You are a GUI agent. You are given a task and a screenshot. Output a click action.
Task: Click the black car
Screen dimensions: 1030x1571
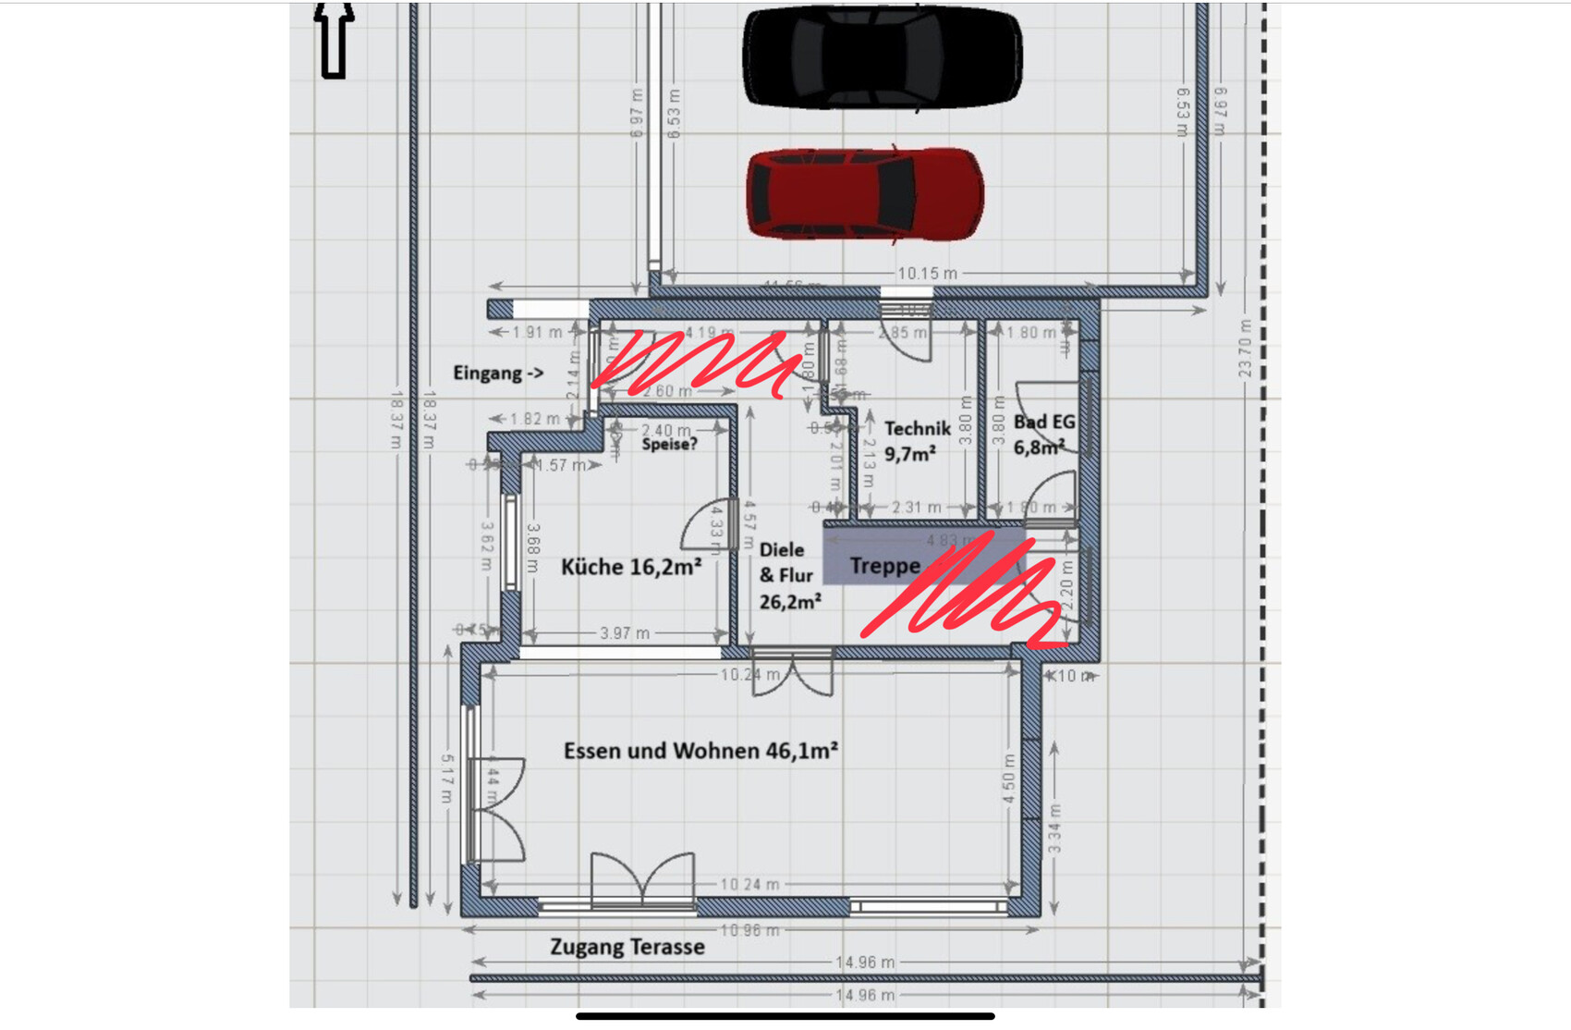click(x=882, y=57)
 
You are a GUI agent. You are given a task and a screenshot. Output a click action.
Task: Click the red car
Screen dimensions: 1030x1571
click(x=864, y=194)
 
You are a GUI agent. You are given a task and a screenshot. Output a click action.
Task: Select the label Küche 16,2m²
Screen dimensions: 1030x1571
click(x=630, y=567)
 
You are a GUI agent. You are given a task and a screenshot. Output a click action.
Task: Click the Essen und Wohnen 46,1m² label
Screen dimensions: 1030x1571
click(x=700, y=751)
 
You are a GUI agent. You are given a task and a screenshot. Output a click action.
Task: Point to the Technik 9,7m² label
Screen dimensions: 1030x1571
click(x=916, y=441)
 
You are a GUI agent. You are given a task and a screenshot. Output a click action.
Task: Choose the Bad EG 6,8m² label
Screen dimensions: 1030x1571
click(x=1044, y=435)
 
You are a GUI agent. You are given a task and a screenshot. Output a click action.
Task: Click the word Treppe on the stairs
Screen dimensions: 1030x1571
click(x=884, y=566)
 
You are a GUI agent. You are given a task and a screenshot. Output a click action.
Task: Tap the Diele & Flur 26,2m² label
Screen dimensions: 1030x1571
click(x=788, y=576)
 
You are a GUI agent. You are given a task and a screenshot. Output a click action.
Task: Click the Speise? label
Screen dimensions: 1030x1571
click(x=669, y=445)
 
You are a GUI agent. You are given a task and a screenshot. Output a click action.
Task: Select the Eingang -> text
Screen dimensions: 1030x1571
click(x=498, y=374)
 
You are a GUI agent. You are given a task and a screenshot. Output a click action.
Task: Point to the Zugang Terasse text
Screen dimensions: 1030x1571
click(x=627, y=947)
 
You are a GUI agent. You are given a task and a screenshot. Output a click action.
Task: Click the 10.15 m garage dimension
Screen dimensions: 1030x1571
click(x=927, y=274)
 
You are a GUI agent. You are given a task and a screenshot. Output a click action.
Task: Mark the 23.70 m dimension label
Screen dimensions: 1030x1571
click(x=1245, y=349)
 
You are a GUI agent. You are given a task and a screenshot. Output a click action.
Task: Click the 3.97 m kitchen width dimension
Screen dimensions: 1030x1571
click(x=625, y=633)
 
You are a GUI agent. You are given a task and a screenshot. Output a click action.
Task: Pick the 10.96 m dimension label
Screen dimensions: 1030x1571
click(x=749, y=929)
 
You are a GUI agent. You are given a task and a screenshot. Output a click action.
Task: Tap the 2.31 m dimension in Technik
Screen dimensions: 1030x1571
click(x=916, y=508)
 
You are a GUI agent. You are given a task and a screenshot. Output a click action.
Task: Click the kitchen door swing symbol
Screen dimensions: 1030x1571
click(x=707, y=525)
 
